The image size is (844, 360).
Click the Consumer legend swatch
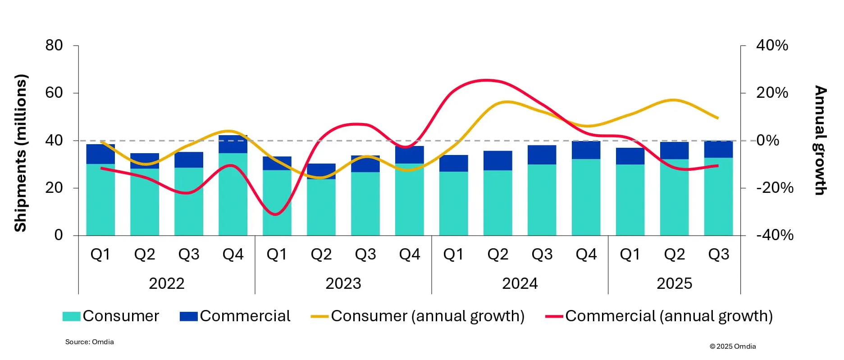pos(71,316)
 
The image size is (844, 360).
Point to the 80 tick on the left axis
pos(54,46)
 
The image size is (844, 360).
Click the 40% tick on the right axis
pos(772,46)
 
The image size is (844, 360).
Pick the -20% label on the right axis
pos(775,188)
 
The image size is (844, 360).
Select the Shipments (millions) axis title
pos(21,153)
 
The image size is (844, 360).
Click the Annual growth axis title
pos(821,140)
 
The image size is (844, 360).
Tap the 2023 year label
pos(343,283)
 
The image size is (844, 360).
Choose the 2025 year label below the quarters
pos(674,283)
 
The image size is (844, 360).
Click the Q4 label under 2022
pos(233,255)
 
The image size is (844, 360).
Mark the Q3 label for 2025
pos(718,255)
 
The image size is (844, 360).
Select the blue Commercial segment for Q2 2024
pos(498,160)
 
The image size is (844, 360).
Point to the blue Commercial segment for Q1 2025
pos(630,156)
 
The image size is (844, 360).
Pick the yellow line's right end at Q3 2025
pos(718,118)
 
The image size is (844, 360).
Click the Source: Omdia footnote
pos(89,342)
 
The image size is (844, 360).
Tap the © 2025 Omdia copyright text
pos(733,346)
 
